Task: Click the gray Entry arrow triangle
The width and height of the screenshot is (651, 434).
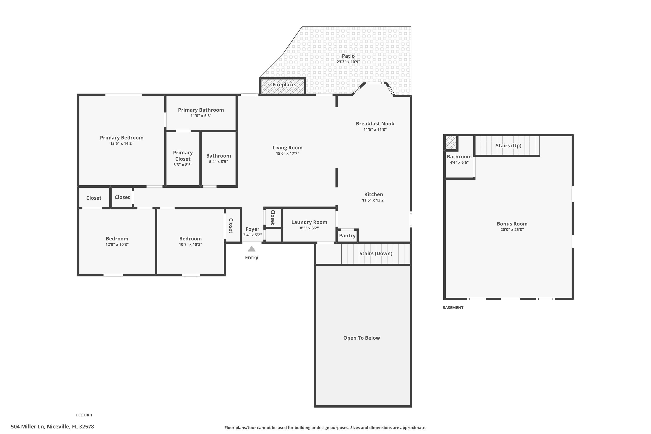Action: pyautogui.click(x=251, y=249)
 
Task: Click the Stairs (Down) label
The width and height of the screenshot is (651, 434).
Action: pyautogui.click(x=376, y=253)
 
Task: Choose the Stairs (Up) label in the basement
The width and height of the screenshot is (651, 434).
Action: pyautogui.click(x=508, y=146)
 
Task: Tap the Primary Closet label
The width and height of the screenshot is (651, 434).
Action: pyautogui.click(x=183, y=156)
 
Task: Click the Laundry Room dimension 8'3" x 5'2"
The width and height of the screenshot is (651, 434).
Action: pyautogui.click(x=309, y=228)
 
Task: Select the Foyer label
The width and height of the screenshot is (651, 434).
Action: pyautogui.click(x=252, y=229)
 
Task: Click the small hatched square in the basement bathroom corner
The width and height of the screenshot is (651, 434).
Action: pyautogui.click(x=451, y=143)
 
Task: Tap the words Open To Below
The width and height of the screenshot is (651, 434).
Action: pyautogui.click(x=362, y=338)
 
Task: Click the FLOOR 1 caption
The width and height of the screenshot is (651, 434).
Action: pyautogui.click(x=84, y=415)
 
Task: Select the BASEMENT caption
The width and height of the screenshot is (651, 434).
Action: pyautogui.click(x=453, y=307)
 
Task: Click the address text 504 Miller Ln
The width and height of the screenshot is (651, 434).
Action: pyautogui.click(x=28, y=427)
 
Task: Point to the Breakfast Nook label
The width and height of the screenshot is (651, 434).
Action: pyautogui.click(x=375, y=124)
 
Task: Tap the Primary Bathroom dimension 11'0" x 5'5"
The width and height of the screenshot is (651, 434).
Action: pyautogui.click(x=201, y=116)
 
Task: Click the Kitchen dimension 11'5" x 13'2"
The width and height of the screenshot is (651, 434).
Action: pyautogui.click(x=373, y=200)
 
